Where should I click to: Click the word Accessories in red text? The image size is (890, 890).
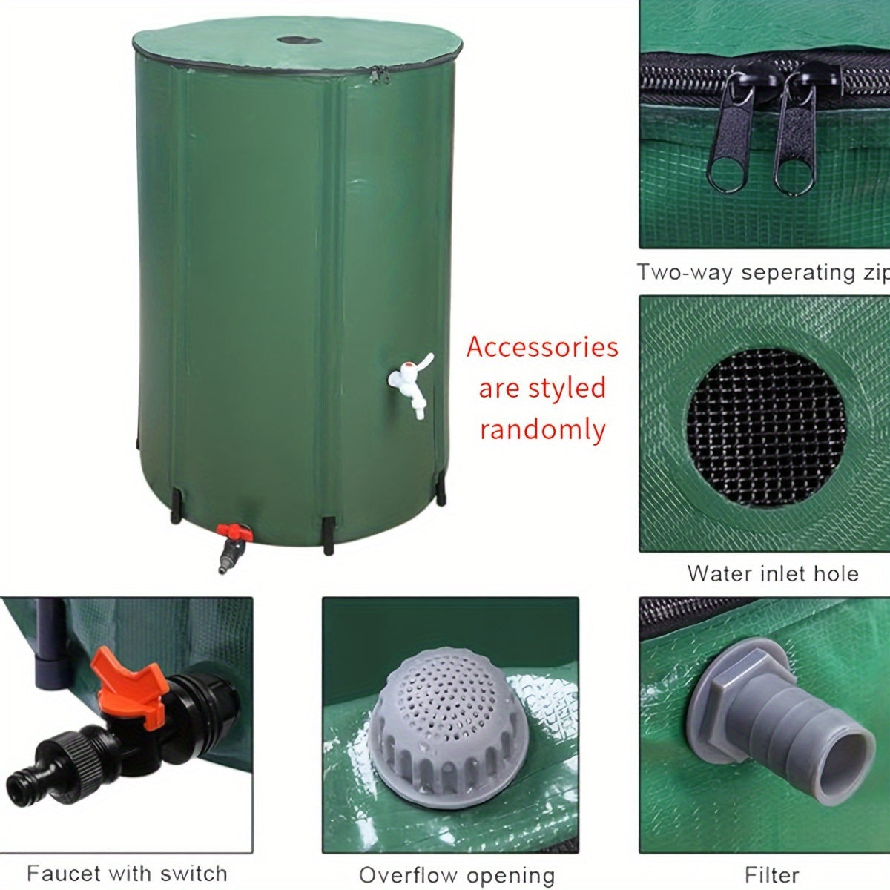[542, 347]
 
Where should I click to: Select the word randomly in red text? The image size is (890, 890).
[542, 429]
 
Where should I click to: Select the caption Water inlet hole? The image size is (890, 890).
[773, 573]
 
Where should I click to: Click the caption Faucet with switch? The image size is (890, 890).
[127, 873]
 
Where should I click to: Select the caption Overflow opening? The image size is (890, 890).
[457, 875]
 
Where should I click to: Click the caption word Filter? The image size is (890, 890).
[772, 874]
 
